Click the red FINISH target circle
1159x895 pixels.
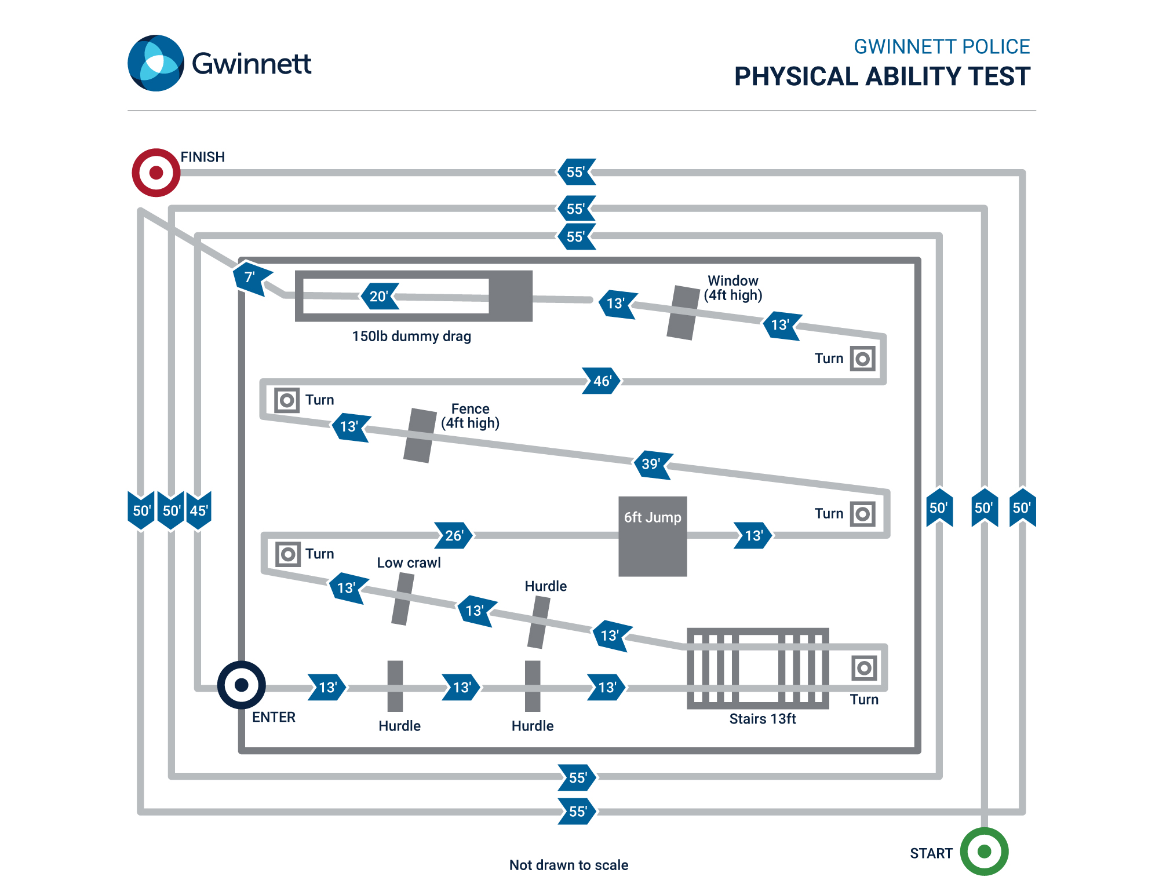click(156, 173)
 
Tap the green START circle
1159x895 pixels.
click(984, 851)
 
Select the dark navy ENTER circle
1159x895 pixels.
click(241, 685)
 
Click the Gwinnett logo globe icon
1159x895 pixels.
click(155, 63)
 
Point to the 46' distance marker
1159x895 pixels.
click(602, 381)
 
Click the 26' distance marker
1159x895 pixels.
click(454, 535)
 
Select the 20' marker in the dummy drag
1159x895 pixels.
click(379, 296)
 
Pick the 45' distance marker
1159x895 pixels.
click(199, 510)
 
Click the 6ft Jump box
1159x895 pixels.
click(653, 536)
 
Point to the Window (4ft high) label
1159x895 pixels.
click(732, 288)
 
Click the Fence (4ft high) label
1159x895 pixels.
click(470, 416)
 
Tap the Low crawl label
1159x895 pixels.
click(409, 562)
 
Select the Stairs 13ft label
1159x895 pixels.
click(762, 718)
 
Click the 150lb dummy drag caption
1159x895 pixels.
click(411, 336)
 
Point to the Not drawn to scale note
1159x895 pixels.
click(568, 865)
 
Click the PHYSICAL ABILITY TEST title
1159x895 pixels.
click(881, 76)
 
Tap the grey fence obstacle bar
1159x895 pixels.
click(420, 436)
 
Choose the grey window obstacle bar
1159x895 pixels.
click(683, 312)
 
